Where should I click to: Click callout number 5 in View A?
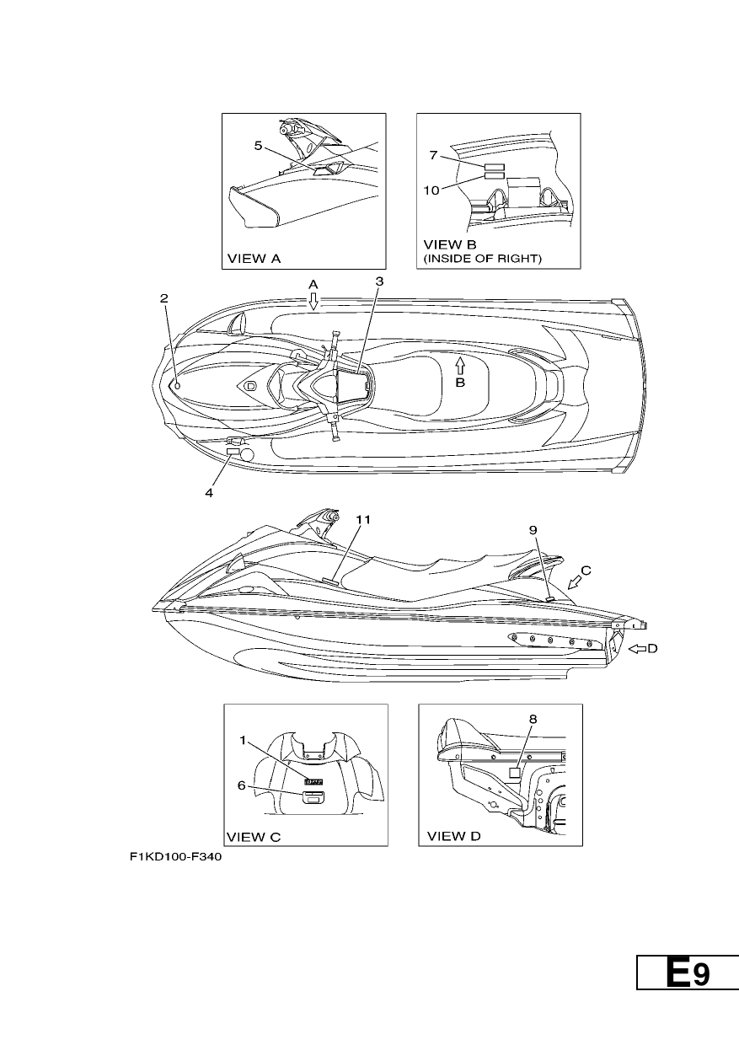point(258,146)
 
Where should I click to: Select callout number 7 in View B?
point(433,155)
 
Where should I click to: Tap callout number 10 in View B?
point(431,190)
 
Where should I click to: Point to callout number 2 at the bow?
point(163,298)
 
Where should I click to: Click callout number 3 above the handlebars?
point(379,281)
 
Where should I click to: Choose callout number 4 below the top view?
point(209,493)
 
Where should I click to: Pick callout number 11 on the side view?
point(363,519)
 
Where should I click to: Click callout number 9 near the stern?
point(533,530)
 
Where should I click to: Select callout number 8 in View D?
point(533,719)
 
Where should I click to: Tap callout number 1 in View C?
point(243,741)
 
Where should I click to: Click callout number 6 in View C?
point(241,785)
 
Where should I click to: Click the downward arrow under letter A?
point(313,302)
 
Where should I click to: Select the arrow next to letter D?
point(638,648)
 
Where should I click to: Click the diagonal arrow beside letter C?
point(575,582)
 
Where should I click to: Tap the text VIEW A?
point(254,259)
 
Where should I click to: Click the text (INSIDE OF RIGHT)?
point(482,259)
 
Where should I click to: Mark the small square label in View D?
point(514,773)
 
